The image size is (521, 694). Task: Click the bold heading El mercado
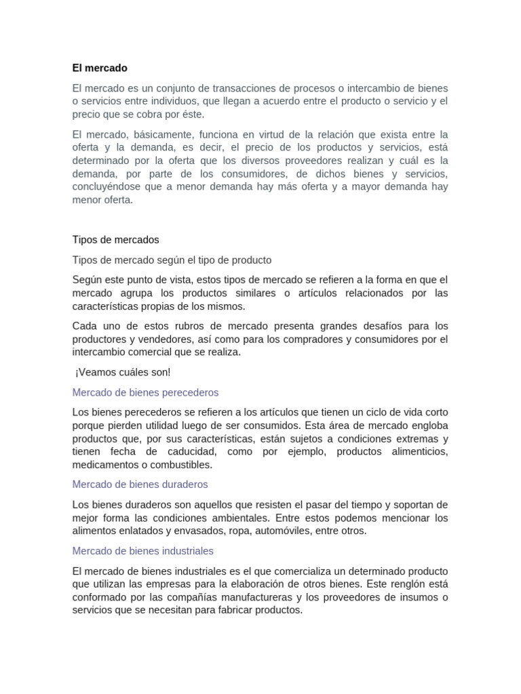[100, 68]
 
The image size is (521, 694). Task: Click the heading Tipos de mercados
[115, 240]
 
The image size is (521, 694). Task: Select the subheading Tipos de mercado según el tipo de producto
[172, 260]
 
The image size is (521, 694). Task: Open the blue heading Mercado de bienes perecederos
[145, 392]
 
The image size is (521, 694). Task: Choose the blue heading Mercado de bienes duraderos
[140, 485]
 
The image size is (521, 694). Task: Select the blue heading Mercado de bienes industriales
[142, 551]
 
